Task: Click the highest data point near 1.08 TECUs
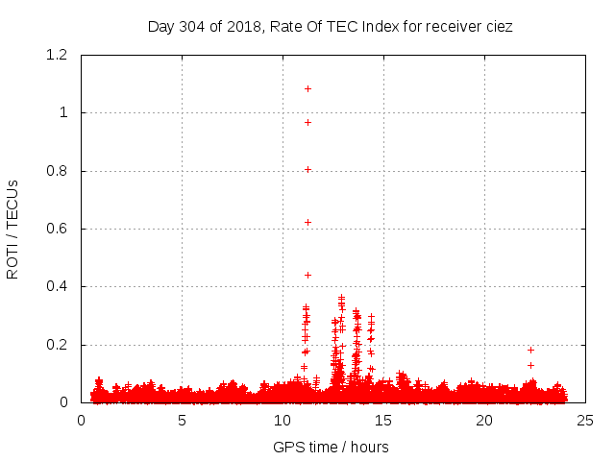click(x=308, y=88)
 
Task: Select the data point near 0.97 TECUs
click(x=308, y=122)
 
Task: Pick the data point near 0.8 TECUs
click(x=308, y=169)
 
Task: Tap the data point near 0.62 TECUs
click(x=308, y=222)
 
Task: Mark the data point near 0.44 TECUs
click(x=308, y=275)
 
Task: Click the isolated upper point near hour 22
click(x=530, y=350)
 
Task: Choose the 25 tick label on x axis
click(x=585, y=420)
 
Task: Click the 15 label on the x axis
click(x=383, y=420)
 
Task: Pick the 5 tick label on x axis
click(x=182, y=420)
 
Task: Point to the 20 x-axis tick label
click(x=484, y=420)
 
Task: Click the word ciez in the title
click(x=498, y=26)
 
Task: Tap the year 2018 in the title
click(x=246, y=26)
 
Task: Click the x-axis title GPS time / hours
click(x=331, y=447)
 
